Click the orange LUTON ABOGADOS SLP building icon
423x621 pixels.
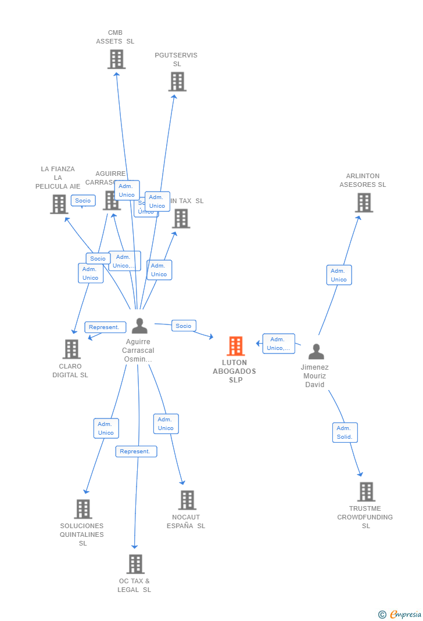click(235, 346)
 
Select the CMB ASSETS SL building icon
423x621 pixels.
click(116, 59)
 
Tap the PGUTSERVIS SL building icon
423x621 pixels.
click(177, 81)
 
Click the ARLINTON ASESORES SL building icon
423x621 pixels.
click(364, 203)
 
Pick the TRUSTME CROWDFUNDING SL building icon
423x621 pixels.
click(366, 492)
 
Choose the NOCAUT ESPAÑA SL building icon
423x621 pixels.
click(187, 500)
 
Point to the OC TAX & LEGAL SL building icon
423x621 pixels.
click(135, 564)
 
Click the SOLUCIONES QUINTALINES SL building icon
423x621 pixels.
click(83, 509)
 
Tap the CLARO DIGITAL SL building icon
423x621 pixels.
click(71, 349)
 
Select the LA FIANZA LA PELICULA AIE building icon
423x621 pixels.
click(59, 204)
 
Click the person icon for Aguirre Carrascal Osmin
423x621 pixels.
click(139, 326)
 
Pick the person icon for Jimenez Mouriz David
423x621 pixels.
click(316, 351)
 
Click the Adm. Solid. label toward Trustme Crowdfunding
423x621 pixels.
click(345, 432)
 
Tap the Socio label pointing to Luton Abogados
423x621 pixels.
click(184, 326)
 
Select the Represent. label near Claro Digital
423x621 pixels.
click(105, 327)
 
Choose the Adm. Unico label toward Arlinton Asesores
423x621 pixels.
click(339, 275)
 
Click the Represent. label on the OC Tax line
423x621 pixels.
click(136, 451)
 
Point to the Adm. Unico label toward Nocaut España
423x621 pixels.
click(166, 424)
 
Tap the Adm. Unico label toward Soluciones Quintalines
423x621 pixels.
click(106, 428)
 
